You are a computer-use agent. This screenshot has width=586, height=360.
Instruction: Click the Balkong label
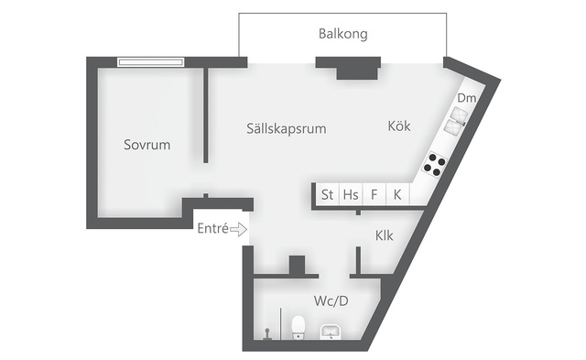click(343, 34)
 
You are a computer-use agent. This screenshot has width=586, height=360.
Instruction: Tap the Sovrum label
click(146, 145)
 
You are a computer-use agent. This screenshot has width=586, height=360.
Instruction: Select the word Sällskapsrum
click(287, 128)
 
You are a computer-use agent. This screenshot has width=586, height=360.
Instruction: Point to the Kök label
click(399, 126)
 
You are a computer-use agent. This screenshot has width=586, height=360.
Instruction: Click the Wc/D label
click(331, 300)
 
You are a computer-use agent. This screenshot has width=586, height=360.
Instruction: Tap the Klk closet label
click(385, 235)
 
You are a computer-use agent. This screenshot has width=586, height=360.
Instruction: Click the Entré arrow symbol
click(238, 229)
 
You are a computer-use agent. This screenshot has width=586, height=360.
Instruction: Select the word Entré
click(212, 228)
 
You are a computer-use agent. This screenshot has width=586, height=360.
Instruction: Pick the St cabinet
click(328, 194)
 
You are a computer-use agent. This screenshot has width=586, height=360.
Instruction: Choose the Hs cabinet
click(351, 194)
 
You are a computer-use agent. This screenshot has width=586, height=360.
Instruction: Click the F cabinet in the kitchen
click(374, 194)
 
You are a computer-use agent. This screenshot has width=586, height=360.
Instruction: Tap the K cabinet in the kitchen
click(397, 194)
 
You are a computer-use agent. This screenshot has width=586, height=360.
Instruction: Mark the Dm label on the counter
click(467, 98)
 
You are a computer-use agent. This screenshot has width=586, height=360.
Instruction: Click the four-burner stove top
click(434, 165)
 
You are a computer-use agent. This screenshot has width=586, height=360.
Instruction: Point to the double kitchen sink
click(455, 120)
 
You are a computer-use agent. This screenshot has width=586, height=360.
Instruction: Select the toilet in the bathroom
click(298, 327)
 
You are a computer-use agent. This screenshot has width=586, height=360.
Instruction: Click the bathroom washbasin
click(331, 332)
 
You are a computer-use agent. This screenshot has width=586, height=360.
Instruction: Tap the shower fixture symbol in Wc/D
click(267, 333)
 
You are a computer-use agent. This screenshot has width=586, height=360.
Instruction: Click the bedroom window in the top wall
click(150, 62)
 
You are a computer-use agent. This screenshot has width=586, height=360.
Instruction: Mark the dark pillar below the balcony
click(348, 68)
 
